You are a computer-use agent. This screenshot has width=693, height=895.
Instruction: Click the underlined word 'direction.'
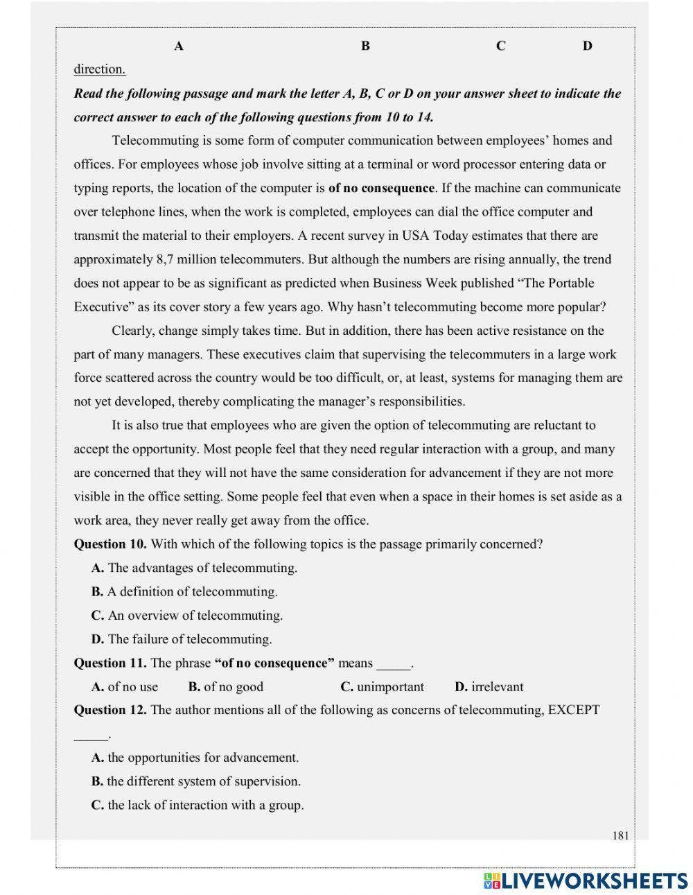pos(99,69)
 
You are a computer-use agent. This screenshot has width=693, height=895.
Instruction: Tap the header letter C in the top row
pos(500,46)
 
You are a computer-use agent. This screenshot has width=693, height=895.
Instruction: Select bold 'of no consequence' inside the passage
pos(381,189)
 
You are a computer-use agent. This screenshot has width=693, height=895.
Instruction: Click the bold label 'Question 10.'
pos(110,544)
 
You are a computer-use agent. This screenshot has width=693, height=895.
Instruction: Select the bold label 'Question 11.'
pos(110,663)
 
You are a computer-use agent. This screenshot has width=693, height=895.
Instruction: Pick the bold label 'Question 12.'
pos(110,711)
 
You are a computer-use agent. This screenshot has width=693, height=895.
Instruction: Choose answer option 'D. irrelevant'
pos(489,687)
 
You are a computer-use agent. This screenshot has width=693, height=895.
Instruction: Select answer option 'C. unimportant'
pos(382,687)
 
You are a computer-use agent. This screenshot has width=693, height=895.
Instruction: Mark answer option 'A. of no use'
pos(125,687)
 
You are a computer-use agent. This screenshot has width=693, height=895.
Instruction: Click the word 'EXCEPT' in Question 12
pos(573,711)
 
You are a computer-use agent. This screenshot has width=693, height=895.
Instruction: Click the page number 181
pos(620,835)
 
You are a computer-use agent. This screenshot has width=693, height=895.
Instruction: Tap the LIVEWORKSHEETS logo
pos(586,880)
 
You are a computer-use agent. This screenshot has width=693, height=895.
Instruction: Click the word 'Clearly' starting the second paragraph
pos(133,331)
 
